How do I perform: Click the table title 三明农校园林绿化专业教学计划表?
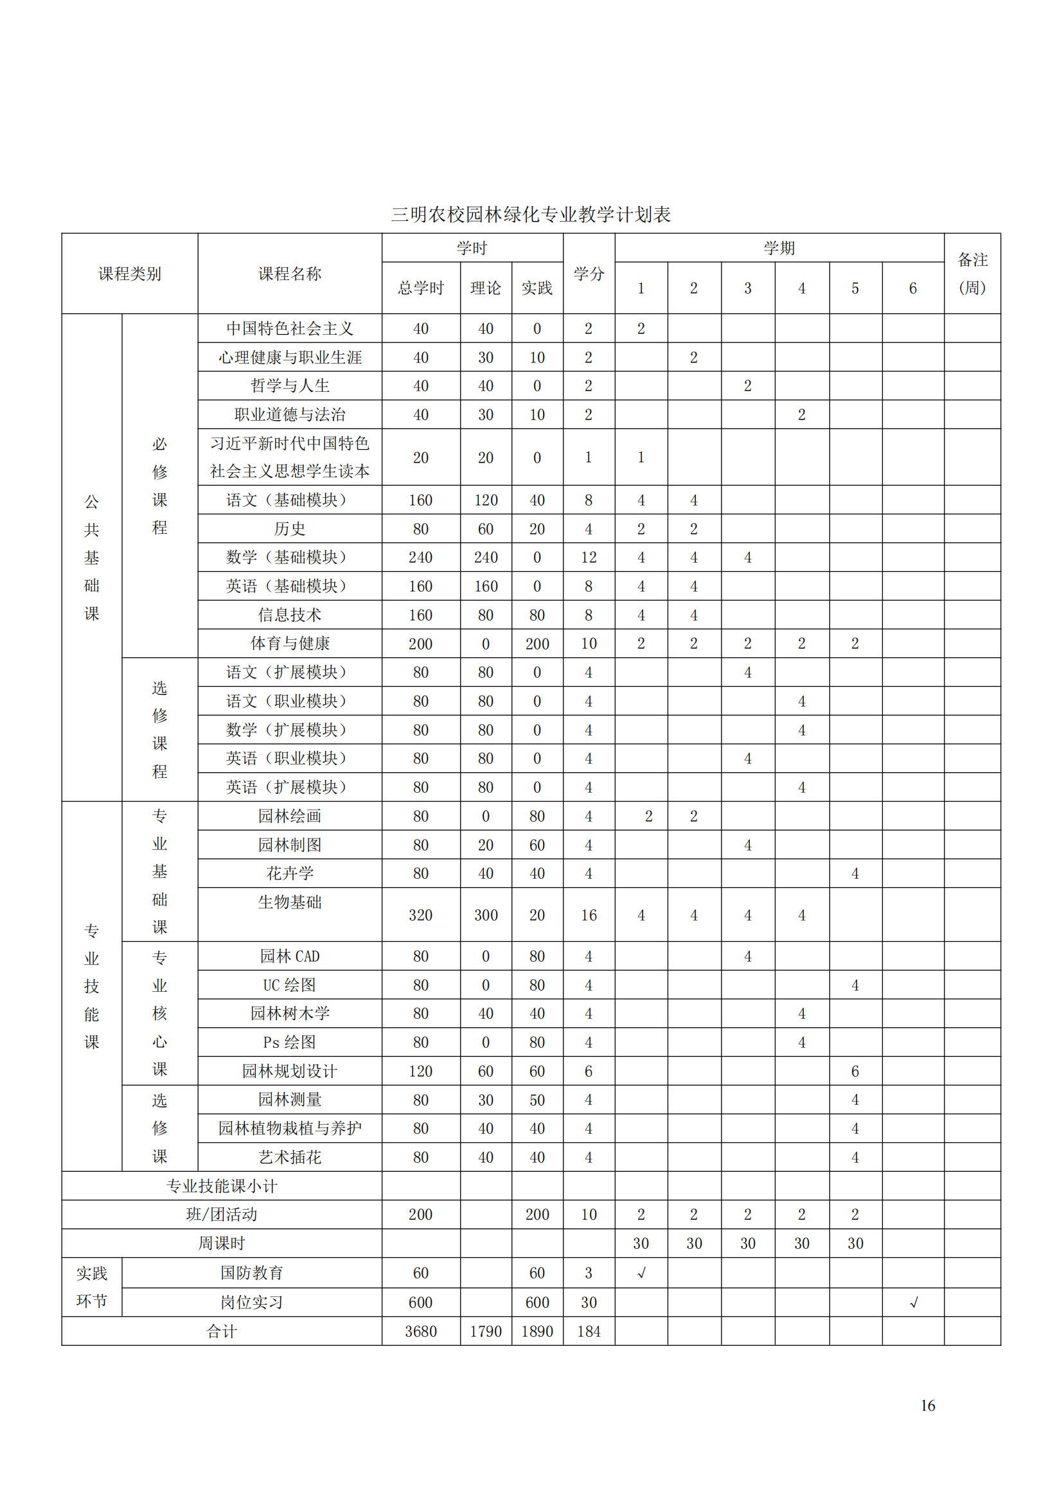tap(531, 215)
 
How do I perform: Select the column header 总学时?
tap(421, 288)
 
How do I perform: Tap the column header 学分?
tap(589, 274)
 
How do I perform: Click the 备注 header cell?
tap(971, 274)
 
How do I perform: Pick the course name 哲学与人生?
tap(290, 386)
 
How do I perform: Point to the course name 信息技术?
tap(290, 615)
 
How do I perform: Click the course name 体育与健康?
tap(290, 644)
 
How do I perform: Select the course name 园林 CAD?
tap(290, 957)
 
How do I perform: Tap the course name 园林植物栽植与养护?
tap(290, 1129)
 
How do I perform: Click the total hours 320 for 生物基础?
tap(421, 915)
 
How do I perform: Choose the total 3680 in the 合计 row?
tap(421, 1331)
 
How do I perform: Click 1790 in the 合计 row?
tap(486, 1331)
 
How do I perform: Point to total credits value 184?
tap(589, 1331)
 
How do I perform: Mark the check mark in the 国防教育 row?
tap(641, 1273)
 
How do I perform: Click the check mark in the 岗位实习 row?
tap(914, 1302)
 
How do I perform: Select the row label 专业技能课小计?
tap(222, 1186)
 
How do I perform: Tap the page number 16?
tap(927, 1406)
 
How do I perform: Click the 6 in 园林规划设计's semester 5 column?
tap(854, 1072)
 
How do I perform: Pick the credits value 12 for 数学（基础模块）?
tap(589, 558)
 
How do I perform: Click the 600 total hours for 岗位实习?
tap(421, 1302)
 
